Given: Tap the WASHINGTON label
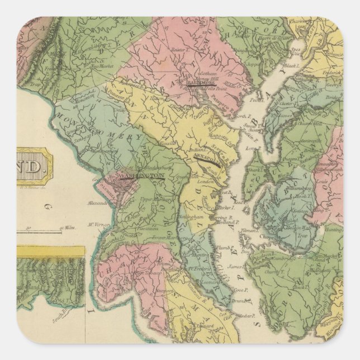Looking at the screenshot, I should (143, 176).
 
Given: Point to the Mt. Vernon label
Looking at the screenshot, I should (97, 226).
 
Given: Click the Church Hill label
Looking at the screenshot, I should (309, 125).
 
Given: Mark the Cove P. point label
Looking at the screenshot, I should (240, 290).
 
